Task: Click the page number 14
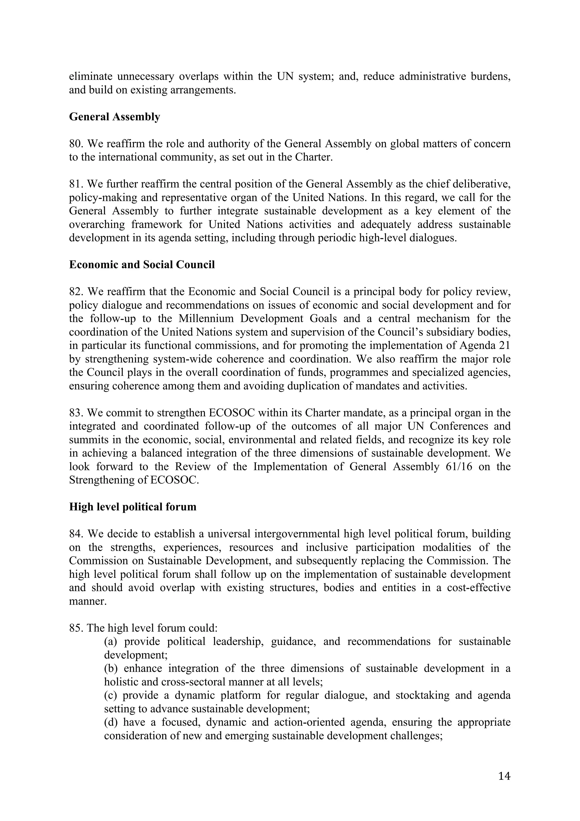[504, 776]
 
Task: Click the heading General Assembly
[114, 117]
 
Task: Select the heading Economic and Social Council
[142, 265]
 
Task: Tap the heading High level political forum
[133, 507]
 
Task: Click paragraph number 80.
[76, 144]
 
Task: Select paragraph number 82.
[76, 292]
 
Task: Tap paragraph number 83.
[76, 413]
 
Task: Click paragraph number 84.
[76, 534]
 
